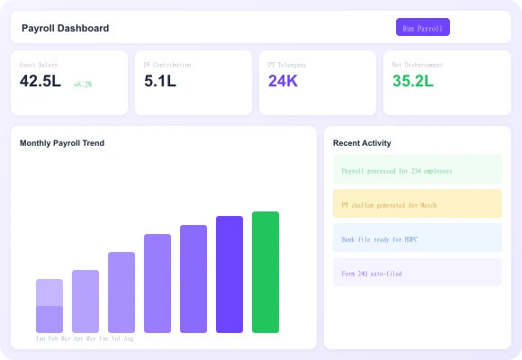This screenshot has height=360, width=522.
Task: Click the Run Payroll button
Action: tap(422, 28)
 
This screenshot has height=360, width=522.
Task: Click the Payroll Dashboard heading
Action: tap(65, 28)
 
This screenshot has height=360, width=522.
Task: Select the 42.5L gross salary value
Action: tap(40, 81)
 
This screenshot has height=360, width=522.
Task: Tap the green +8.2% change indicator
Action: tap(83, 84)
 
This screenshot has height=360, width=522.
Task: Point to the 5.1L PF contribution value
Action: tap(160, 81)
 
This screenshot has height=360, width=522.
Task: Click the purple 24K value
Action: tap(283, 81)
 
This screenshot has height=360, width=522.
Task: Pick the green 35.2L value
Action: tap(412, 81)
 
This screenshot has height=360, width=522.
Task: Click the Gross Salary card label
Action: tap(39, 65)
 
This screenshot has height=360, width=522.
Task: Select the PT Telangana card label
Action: tap(287, 65)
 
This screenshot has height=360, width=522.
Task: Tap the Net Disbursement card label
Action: tap(418, 65)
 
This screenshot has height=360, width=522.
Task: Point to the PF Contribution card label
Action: tap(167, 65)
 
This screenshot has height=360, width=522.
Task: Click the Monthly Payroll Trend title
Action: tap(62, 143)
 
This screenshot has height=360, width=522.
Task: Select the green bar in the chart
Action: tap(265, 272)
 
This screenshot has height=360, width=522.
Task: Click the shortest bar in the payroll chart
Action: tap(49, 306)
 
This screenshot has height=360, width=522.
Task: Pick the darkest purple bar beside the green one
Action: tap(229, 274)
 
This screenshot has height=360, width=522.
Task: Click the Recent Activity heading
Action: tap(362, 143)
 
